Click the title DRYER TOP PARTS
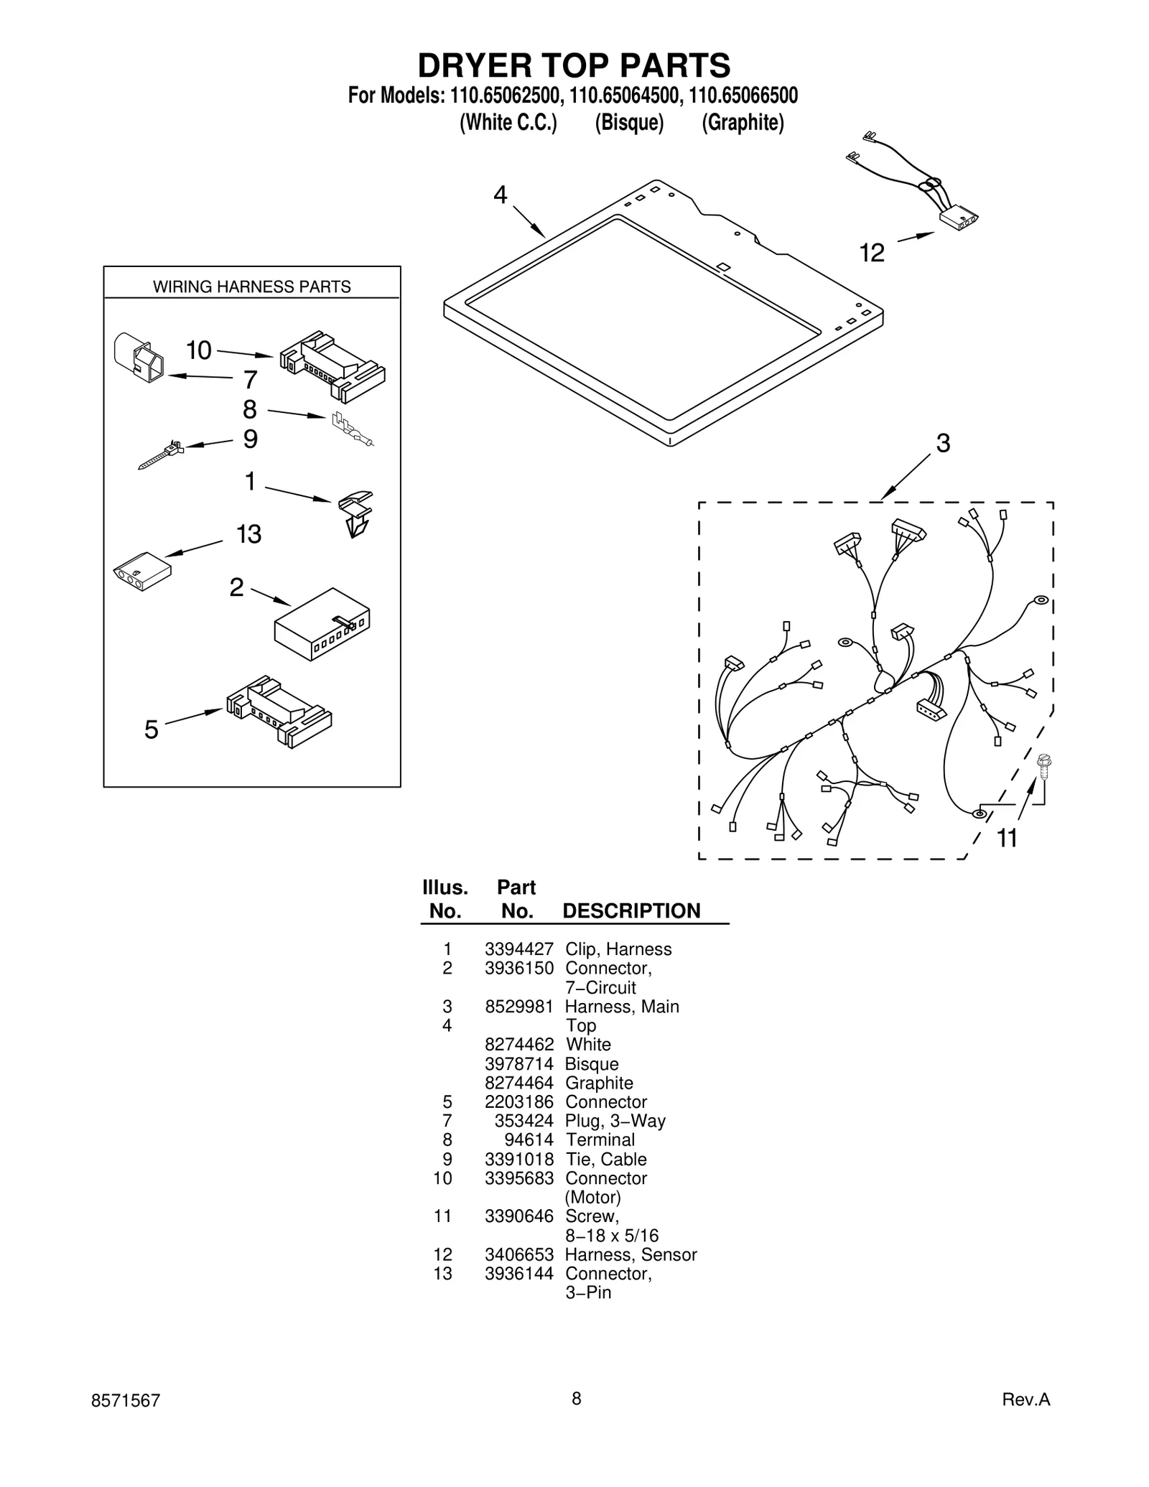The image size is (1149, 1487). coord(574,65)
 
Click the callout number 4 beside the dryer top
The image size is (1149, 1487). coord(500,195)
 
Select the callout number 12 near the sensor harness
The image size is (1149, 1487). coord(872,253)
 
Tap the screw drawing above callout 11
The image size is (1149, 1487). coord(1045,768)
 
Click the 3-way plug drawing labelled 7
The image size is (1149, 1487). coord(139,357)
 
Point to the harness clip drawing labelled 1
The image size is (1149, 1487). coord(355,513)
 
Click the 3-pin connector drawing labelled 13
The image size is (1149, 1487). coord(142,571)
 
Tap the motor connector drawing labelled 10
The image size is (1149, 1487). coord(332,366)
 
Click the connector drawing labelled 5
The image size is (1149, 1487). coord(279,711)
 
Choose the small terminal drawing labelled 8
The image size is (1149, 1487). coord(352,429)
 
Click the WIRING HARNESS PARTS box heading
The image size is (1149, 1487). coord(251,286)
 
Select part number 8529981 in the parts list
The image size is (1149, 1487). coord(518,1007)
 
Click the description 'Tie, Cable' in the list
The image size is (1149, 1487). coord(605,1159)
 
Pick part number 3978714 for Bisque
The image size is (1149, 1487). coord(518,1064)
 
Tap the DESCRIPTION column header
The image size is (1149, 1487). coord(631,910)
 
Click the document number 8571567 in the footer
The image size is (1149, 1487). coord(126,1400)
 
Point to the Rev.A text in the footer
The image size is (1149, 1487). coord(1025,1399)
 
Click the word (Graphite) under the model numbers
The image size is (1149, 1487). coord(743,123)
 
